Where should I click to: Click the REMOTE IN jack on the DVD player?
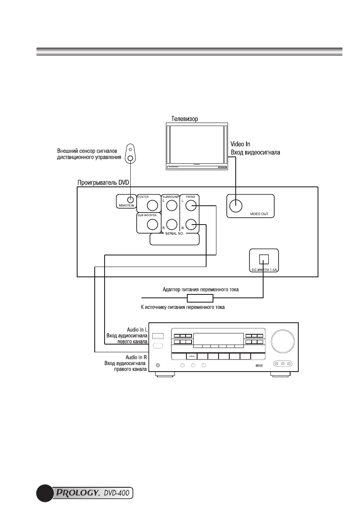click(x=129, y=200)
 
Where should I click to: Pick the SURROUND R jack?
click(x=171, y=224)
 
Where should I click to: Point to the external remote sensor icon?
click(x=131, y=154)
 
